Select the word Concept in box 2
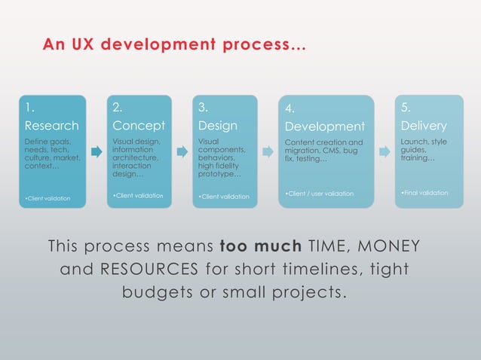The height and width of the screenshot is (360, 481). pos(138,125)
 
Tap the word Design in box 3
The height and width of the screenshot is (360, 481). pos(217,125)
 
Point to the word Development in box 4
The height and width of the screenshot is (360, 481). pos(325,127)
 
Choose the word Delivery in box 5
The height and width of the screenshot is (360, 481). pos(424,125)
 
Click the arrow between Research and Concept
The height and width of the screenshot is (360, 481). pos(96,152)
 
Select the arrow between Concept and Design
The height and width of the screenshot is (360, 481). pos(182,152)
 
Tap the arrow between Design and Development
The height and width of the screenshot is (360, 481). pos(268,152)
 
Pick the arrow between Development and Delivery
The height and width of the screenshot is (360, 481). pos(384,152)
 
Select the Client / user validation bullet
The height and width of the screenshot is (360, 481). pos(320,194)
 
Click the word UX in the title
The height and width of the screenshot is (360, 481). pos(78,44)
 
